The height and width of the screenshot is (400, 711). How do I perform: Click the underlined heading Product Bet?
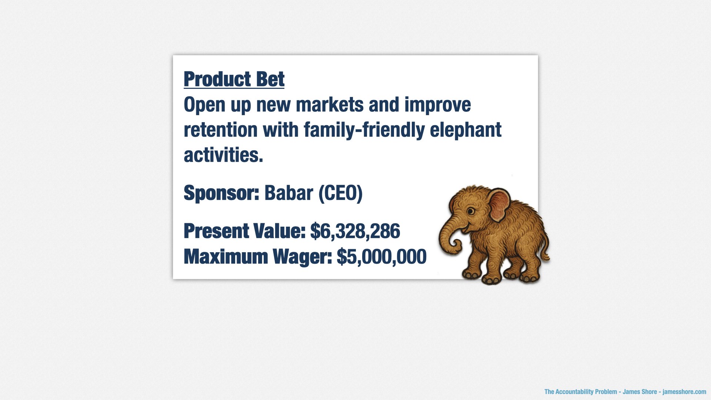pos(234,79)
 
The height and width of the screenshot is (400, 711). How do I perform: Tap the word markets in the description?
pos(330,105)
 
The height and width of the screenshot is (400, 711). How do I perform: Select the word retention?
pos(221,130)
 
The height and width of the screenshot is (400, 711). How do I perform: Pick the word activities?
pos(223,155)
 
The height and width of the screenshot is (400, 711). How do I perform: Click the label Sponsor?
pos(221,193)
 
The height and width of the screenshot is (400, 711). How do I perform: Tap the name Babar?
pos(288,193)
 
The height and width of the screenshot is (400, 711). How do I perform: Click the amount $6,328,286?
pos(355,231)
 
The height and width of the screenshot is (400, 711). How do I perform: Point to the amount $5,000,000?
pos(381,257)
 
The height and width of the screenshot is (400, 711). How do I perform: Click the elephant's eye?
pos(470,211)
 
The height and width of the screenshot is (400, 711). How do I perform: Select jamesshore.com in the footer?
pos(684,392)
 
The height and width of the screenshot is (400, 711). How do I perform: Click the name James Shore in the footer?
pos(640,392)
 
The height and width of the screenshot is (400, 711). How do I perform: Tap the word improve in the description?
pos(438,105)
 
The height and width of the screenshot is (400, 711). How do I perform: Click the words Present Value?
pos(244,231)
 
